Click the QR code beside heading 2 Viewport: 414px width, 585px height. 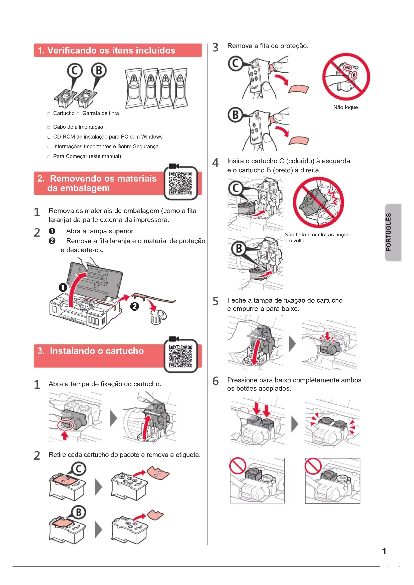pyautogui.click(x=181, y=183)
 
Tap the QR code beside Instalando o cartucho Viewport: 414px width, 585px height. pyautogui.click(x=181, y=356)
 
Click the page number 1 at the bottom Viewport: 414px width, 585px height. pyautogui.click(x=384, y=551)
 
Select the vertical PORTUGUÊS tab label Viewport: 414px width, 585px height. pyautogui.click(x=388, y=232)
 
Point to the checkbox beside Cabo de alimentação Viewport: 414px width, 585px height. pyautogui.click(x=49, y=127)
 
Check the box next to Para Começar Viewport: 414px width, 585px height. pyautogui.click(x=49, y=157)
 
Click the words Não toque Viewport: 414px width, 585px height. pyautogui.click(x=346, y=107)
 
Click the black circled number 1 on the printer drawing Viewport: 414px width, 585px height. pyautogui.click(x=63, y=287)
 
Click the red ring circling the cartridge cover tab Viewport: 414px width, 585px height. pyautogui.click(x=66, y=425)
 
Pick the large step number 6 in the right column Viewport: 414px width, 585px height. pyautogui.click(x=216, y=381)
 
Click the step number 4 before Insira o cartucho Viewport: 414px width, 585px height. pyautogui.click(x=216, y=163)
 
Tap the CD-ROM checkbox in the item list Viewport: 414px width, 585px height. pyautogui.click(x=49, y=137)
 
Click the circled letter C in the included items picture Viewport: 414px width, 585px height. pyautogui.click(x=75, y=71)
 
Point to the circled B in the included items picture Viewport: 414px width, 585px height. pyautogui.click(x=99, y=70)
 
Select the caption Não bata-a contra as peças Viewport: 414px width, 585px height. pyautogui.click(x=317, y=235)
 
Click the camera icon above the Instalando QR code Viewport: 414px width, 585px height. pyautogui.click(x=174, y=339)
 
